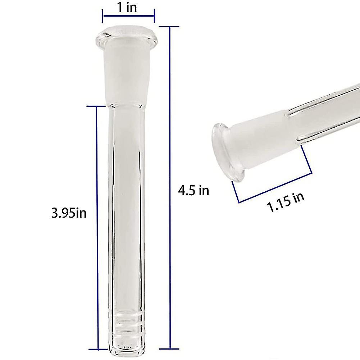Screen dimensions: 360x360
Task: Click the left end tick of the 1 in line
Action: click(103, 15)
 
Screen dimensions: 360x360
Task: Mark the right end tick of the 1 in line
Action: click(155, 15)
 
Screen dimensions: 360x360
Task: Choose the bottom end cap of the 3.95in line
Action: click(97, 348)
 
